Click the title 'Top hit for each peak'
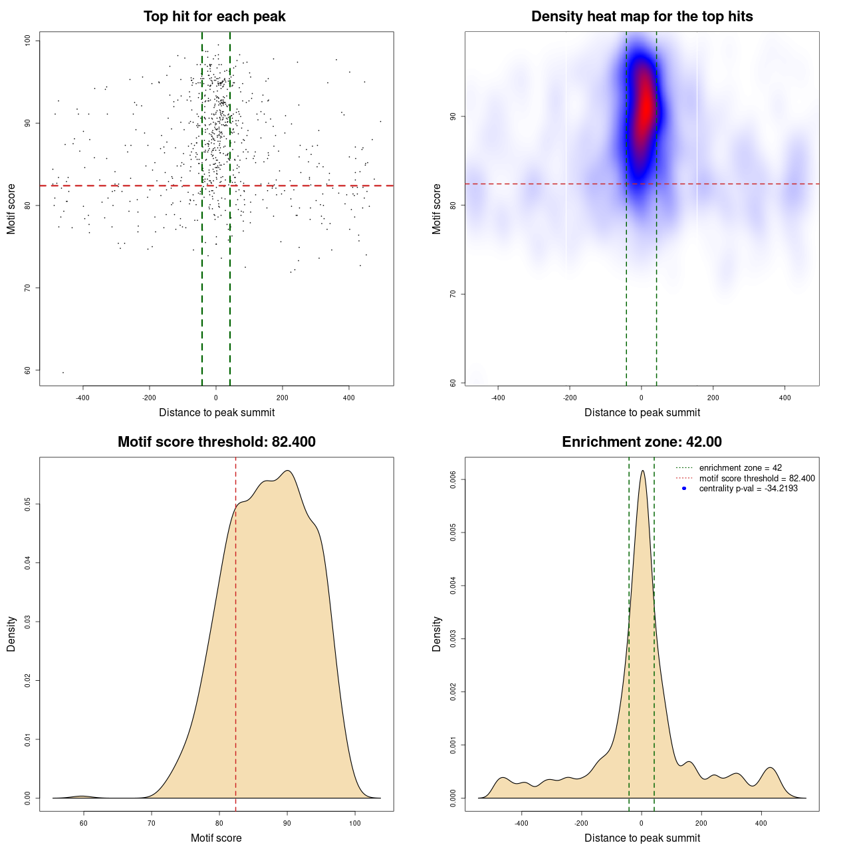point(214,17)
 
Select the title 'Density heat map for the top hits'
point(642,17)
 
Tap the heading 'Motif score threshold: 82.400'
point(216,442)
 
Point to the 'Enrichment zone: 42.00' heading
point(642,442)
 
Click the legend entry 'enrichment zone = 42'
point(740,468)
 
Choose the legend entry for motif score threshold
point(757,478)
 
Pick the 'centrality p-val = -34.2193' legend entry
point(748,489)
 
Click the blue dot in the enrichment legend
point(684,489)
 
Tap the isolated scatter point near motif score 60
point(63,372)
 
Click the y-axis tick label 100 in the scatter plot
point(28,41)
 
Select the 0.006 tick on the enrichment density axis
point(453,479)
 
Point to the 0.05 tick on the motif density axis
point(28,505)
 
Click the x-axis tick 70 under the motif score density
point(152,823)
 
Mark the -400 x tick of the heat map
point(498,398)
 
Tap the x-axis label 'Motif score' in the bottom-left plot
point(216,838)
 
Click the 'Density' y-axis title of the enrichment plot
point(437,634)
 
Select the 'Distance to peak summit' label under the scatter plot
point(217,412)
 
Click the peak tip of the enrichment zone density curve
point(642,471)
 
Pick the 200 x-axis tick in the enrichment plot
point(701,823)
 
